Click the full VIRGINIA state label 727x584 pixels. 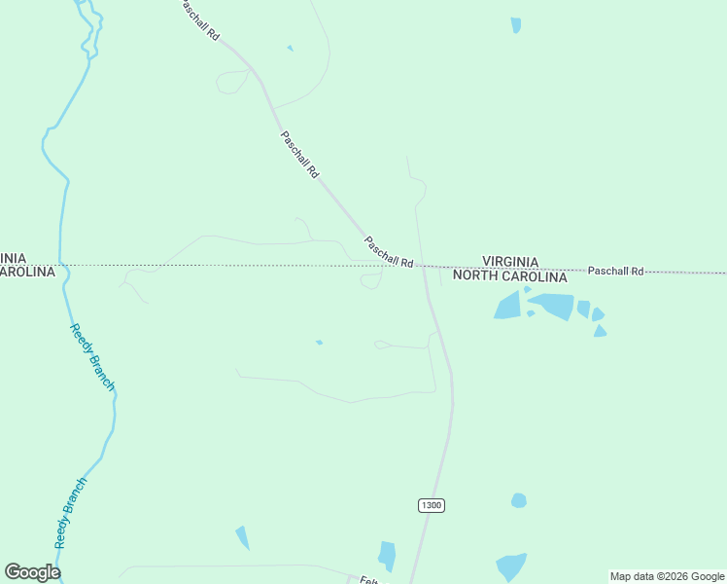pyautogui.click(x=510, y=262)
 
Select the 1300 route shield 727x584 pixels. pyautogui.click(x=432, y=505)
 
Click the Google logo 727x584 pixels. pyautogui.click(x=32, y=572)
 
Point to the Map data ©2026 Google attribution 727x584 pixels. pyautogui.click(x=667, y=576)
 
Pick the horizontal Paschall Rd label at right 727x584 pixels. pyautogui.click(x=615, y=271)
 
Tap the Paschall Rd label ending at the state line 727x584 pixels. pyautogui.click(x=389, y=251)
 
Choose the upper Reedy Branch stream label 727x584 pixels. pyautogui.click(x=92, y=357)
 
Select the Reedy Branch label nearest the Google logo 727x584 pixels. pyautogui.click(x=70, y=512)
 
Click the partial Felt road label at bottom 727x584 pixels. pyautogui.click(x=368, y=579)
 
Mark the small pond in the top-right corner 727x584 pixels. pyautogui.click(x=516, y=24)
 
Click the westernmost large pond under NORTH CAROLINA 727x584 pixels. pyautogui.click(x=508, y=306)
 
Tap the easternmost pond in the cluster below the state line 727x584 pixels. pyautogui.click(x=600, y=331)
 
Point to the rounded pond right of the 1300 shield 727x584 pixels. pyautogui.click(x=519, y=500)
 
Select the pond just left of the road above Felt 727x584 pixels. pyautogui.click(x=388, y=556)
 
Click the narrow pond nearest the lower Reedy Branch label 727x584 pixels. pyautogui.click(x=242, y=537)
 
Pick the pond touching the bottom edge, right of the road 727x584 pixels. pyautogui.click(x=510, y=566)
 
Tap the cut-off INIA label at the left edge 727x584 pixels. pyautogui.click(x=14, y=258)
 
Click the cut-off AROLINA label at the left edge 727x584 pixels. pyautogui.click(x=26, y=273)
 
